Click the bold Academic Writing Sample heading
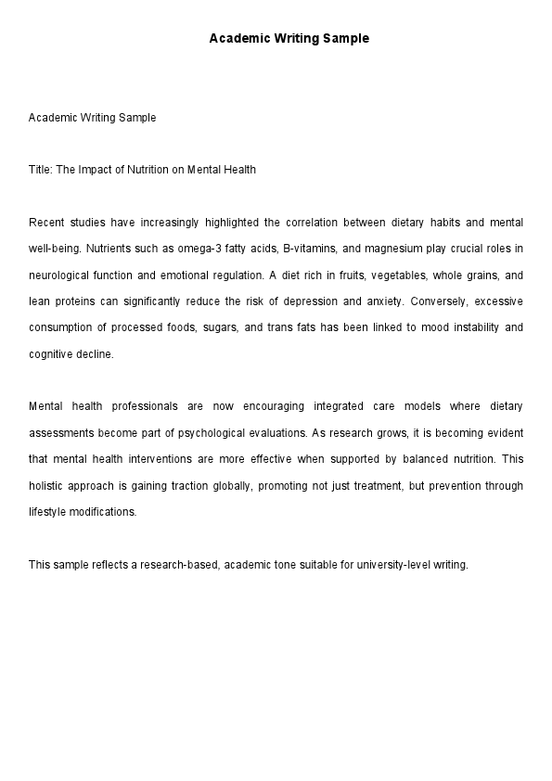pyautogui.click(x=289, y=39)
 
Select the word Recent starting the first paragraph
pyautogui.click(x=47, y=223)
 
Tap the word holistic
pyautogui.click(x=45, y=486)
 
